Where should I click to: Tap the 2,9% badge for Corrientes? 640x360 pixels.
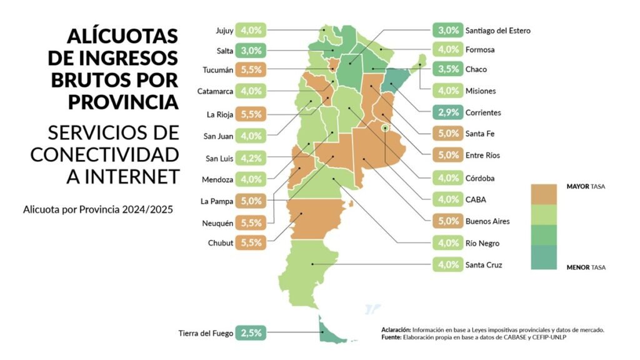(447, 112)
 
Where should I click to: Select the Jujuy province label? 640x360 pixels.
(224, 30)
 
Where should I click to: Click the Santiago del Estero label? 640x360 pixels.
(497, 30)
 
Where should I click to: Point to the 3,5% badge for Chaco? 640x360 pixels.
(447, 69)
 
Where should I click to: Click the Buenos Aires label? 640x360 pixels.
(487, 221)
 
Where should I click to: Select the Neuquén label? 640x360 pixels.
(217, 222)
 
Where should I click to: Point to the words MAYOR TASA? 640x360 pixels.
(586, 186)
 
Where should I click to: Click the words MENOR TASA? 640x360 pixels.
(586, 267)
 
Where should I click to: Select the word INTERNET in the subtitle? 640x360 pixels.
(122, 176)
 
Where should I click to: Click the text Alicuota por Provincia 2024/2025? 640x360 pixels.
(97, 209)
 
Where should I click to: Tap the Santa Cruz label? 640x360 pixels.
(484, 264)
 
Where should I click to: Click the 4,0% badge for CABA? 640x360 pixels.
(447, 200)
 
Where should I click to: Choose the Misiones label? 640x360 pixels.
(480, 91)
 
